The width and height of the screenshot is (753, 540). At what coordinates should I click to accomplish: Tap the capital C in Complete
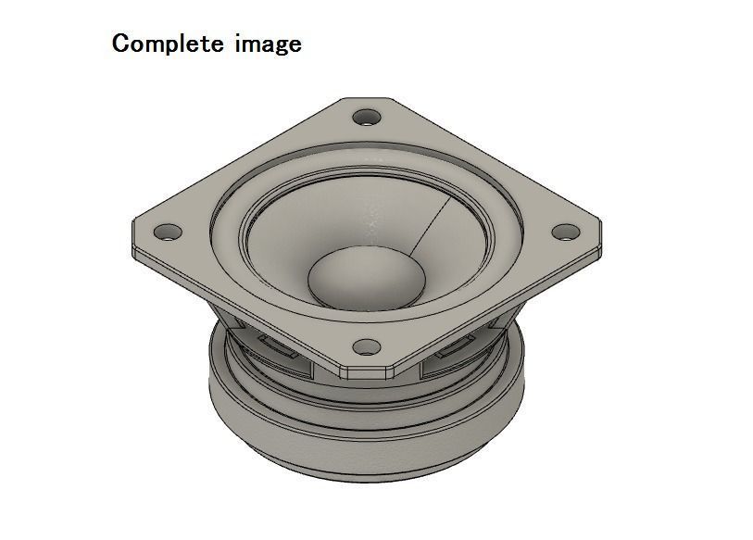click(x=121, y=43)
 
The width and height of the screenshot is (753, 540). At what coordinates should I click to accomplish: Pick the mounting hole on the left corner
click(x=168, y=231)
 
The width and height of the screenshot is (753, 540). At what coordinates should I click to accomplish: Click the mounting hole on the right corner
click(x=564, y=232)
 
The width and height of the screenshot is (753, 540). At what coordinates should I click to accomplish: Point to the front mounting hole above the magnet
click(x=368, y=347)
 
